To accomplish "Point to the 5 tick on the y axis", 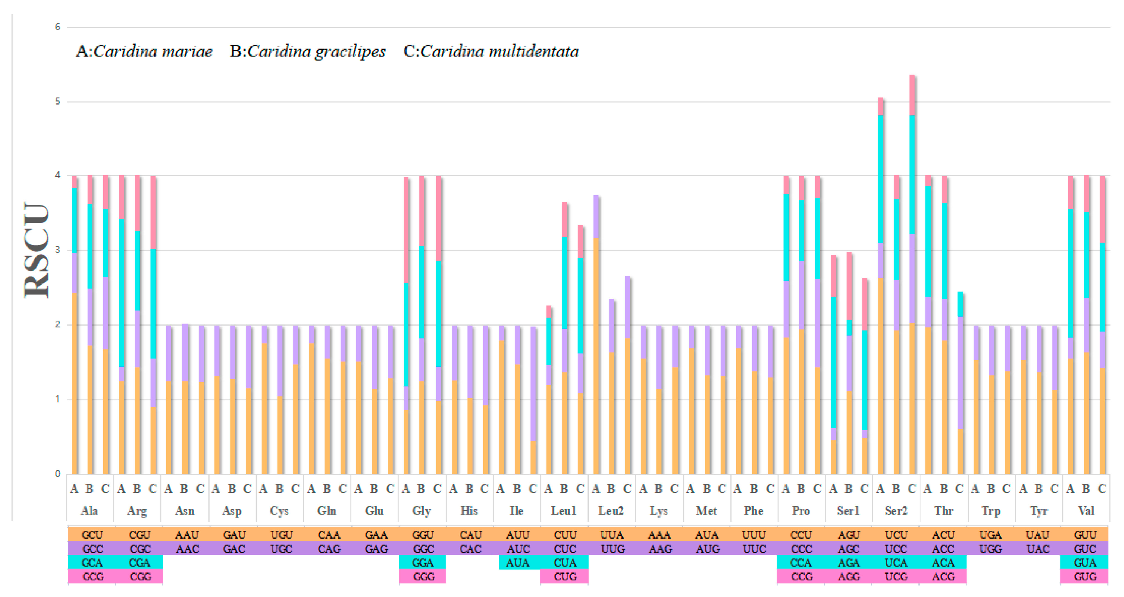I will coord(58,101).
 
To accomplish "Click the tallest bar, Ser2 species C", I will coord(912,275).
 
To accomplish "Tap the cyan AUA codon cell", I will coord(517,562).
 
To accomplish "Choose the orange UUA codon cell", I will coord(612,535).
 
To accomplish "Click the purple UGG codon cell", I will coord(991,549).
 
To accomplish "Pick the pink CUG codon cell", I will coord(565,576).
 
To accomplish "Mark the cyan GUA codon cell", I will coord(1085,562).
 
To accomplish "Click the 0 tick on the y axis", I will coord(58,474).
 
